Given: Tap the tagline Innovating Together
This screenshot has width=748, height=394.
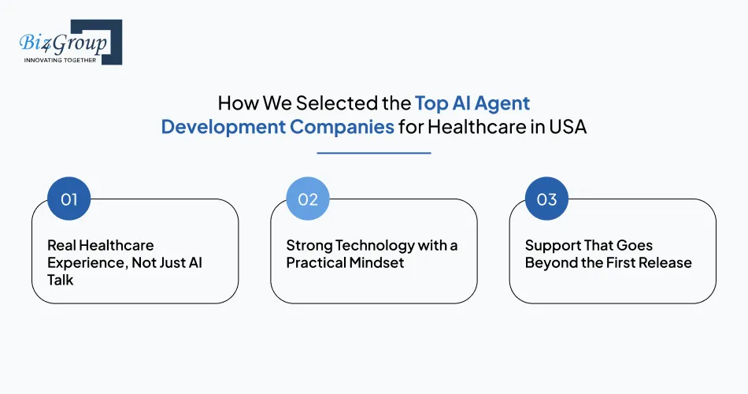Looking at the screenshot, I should coord(60,60).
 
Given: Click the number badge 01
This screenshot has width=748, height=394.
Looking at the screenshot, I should coord(69,199).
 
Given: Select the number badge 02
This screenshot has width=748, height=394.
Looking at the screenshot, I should coord(308,199).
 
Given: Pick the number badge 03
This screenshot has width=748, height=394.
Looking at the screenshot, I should coord(546,199).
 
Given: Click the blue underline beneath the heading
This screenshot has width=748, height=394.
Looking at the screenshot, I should coord(374,153).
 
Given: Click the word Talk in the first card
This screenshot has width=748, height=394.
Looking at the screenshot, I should coord(61,280).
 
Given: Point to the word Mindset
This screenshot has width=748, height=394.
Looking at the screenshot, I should coord(376,263).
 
